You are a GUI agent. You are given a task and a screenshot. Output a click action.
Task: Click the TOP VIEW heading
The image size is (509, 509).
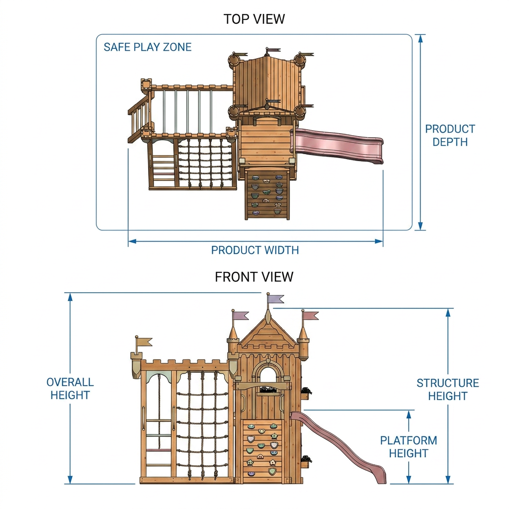254,19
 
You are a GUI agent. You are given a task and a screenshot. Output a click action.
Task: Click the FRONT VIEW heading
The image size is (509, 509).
254,277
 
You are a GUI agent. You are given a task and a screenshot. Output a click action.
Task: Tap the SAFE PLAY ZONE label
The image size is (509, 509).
148,47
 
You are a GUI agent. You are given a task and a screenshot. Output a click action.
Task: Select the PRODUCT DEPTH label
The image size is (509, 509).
450,135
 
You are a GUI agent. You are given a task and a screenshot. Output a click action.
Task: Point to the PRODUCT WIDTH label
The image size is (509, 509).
255,251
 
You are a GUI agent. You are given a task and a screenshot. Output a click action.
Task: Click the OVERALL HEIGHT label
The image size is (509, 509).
70,389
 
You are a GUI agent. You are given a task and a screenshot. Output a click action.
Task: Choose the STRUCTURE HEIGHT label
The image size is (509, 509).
448,390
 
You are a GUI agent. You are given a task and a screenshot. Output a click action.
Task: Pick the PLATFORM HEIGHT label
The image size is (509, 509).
409,447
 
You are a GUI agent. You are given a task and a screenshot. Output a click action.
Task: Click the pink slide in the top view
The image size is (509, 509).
338,145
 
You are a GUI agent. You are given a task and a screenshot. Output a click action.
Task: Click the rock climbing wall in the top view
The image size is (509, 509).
267,194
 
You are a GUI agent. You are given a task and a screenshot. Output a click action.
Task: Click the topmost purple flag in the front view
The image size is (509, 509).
276,299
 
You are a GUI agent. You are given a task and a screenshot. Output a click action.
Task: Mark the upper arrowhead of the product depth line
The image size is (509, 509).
421,38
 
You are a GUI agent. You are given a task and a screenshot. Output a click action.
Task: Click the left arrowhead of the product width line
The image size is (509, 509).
132,241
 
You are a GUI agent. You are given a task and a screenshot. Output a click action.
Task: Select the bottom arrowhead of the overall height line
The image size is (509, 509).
70,480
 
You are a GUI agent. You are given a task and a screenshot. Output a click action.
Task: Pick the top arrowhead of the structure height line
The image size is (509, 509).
448,312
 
